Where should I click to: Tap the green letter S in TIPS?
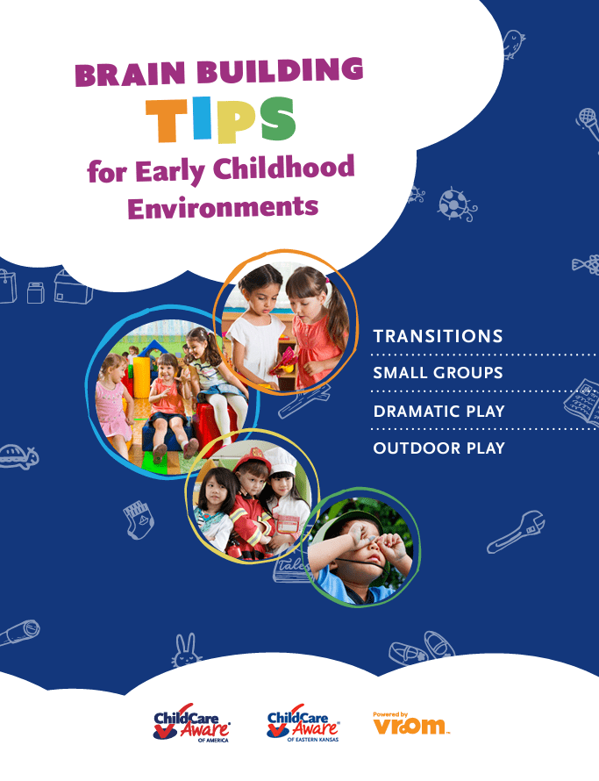click(277, 118)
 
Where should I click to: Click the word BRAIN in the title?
click(131, 74)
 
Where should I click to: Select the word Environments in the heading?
click(223, 207)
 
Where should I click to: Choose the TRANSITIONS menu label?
click(439, 336)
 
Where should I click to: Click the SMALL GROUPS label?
click(439, 373)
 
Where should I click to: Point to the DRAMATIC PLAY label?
click(439, 412)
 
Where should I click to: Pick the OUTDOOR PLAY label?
click(439, 448)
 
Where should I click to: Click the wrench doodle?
click(516, 533)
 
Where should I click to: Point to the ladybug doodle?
click(455, 204)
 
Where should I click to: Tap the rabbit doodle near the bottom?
click(186, 650)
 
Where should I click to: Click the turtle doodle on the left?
click(18, 455)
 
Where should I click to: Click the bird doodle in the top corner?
click(513, 44)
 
